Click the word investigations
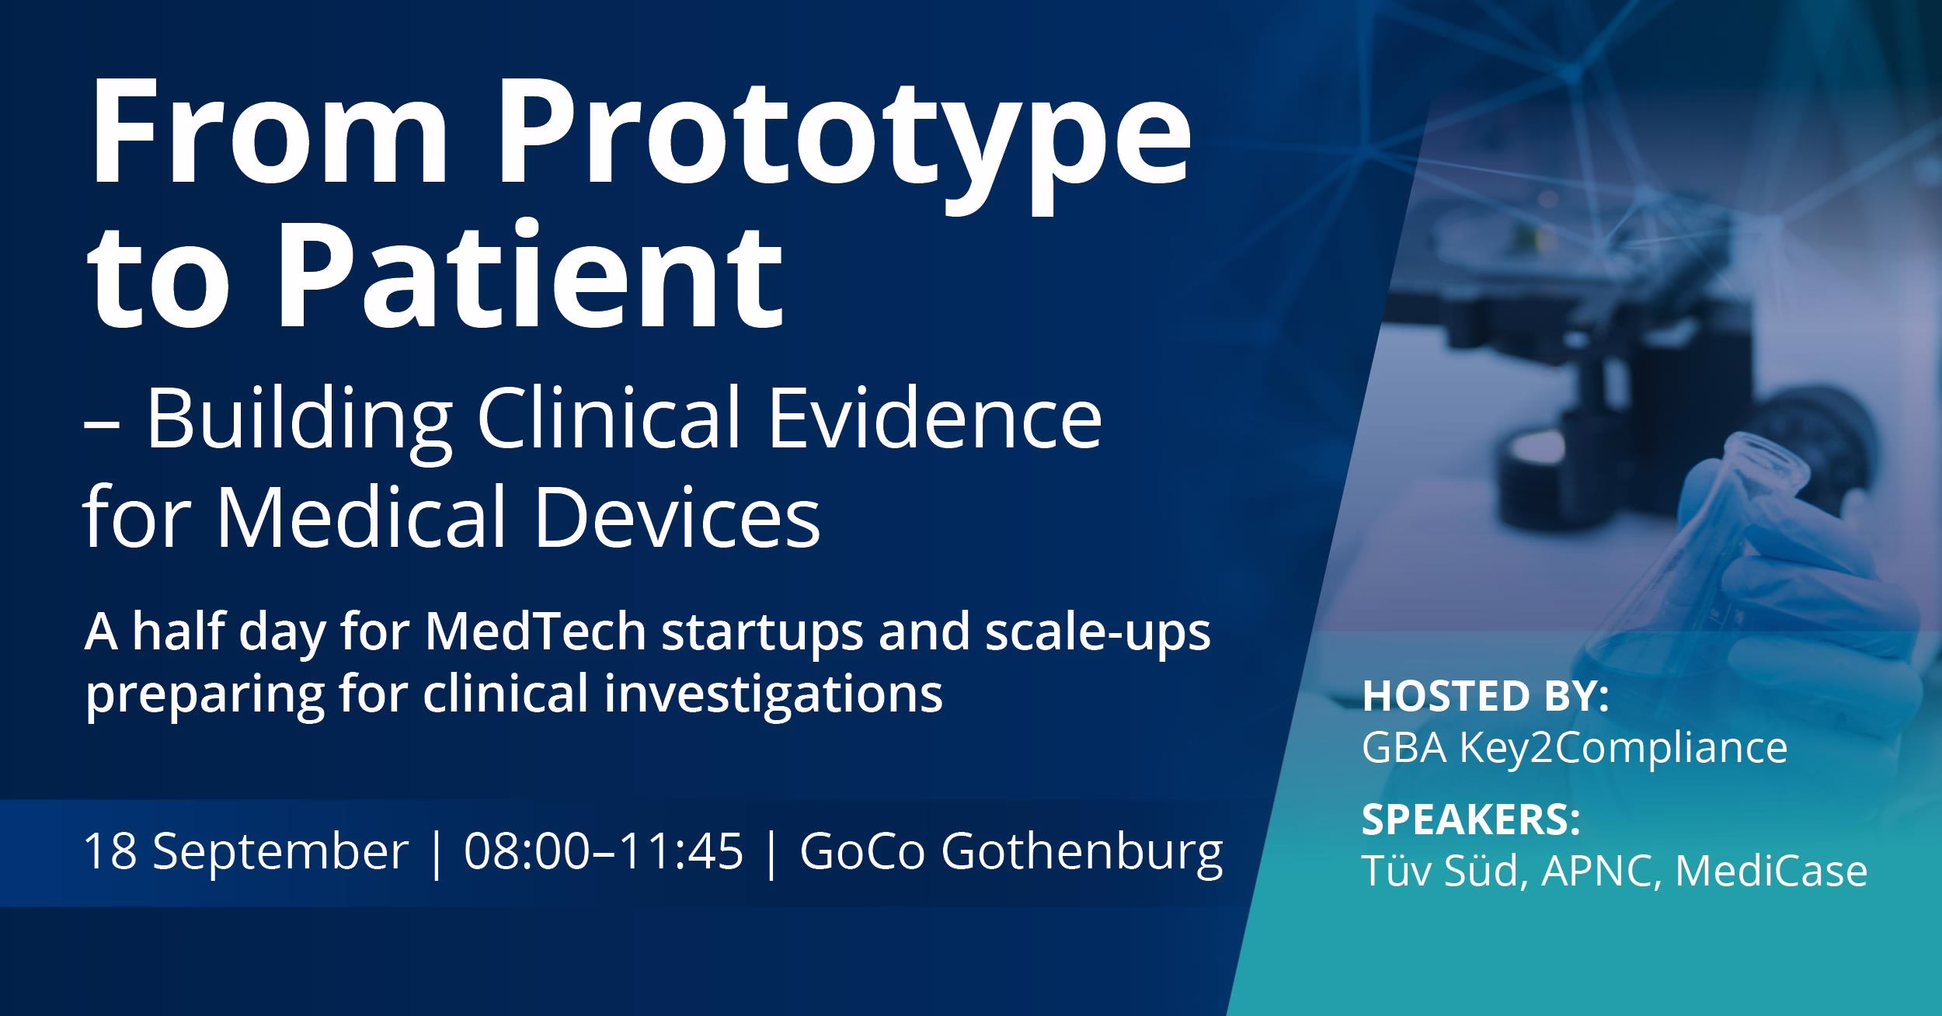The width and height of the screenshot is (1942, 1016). pyautogui.click(x=772, y=693)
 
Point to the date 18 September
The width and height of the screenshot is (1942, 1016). pyautogui.click(x=245, y=851)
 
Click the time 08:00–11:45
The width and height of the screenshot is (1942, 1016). pyautogui.click(x=603, y=851)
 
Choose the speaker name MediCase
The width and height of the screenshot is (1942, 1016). pyautogui.click(x=1771, y=870)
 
